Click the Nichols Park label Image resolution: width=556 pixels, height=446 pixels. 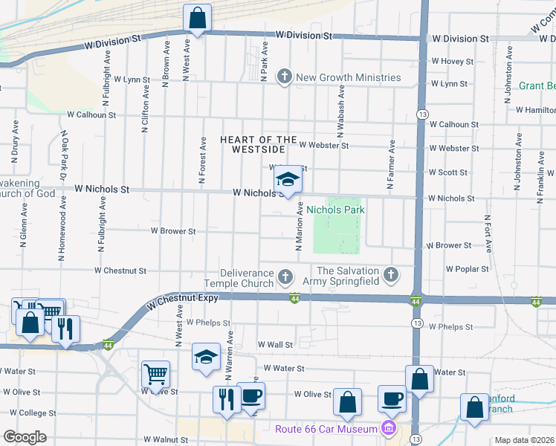coord(335,210)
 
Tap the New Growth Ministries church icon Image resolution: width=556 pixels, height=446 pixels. coord(284,77)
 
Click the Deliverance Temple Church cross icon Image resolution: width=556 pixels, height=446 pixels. coord(284,278)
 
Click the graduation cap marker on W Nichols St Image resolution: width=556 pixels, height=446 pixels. coord(288,180)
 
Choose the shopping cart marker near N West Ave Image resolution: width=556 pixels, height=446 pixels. coord(155,375)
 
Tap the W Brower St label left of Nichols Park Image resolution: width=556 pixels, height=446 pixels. coord(173,231)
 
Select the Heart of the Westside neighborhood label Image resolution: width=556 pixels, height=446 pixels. coord(258,145)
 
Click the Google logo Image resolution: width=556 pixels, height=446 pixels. coord(25,437)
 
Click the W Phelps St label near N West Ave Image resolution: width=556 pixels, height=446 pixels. coord(209,323)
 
